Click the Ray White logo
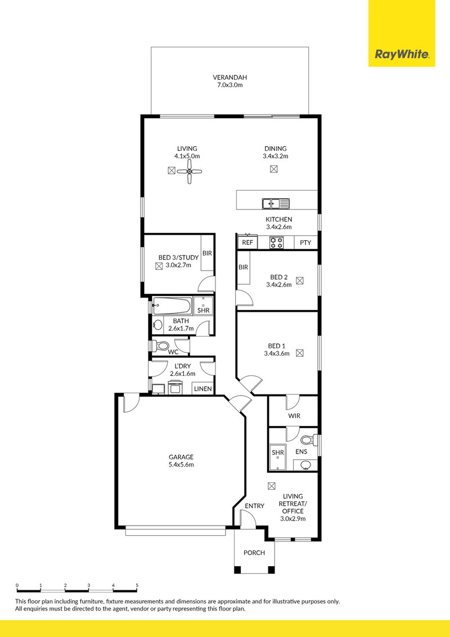click(402, 55)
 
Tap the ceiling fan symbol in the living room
click(190, 171)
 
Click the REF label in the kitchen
click(247, 243)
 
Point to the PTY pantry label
click(305, 243)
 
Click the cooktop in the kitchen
click(277, 243)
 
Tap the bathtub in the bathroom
click(172, 307)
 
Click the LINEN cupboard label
click(202, 389)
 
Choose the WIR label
click(294, 416)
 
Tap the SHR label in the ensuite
click(277, 452)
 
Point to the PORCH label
click(254, 553)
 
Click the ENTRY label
click(254, 506)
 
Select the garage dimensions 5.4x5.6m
click(181, 465)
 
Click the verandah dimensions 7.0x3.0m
click(229, 85)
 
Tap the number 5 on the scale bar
click(137, 586)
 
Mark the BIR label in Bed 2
click(243, 267)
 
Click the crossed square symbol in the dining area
click(274, 169)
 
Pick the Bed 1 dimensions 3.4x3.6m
click(276, 353)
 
